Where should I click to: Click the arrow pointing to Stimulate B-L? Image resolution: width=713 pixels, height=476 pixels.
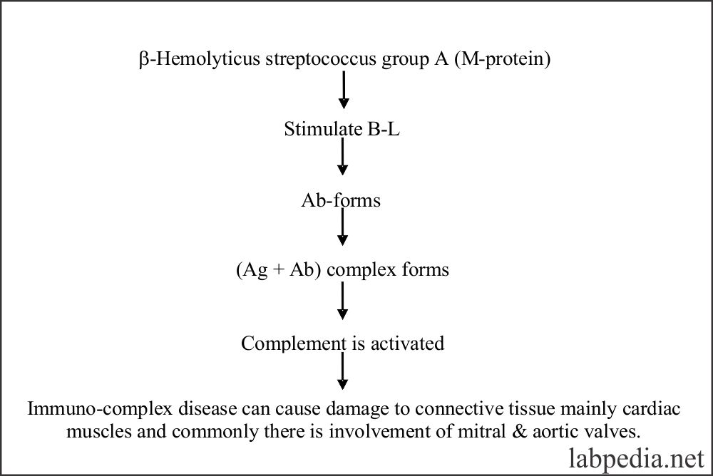click(x=344, y=90)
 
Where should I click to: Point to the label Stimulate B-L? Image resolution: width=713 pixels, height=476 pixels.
click(x=342, y=129)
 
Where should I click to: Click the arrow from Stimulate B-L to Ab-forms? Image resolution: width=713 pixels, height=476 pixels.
click(x=342, y=157)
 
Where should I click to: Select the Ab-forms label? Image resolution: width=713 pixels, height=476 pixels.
click(x=341, y=200)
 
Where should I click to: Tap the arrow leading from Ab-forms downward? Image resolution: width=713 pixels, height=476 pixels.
click(x=342, y=227)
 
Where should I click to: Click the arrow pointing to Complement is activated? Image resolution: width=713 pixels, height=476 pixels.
click(x=342, y=301)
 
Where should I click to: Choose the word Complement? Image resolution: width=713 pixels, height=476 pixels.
click(x=293, y=343)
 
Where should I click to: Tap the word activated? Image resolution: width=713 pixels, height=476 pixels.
click(x=407, y=343)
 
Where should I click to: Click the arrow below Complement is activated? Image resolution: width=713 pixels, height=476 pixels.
click(x=343, y=371)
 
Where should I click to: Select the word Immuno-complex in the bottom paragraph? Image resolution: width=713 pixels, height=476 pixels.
click(x=100, y=409)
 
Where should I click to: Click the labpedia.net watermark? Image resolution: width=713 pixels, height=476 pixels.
click(x=637, y=458)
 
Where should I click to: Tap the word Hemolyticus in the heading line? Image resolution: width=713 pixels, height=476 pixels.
click(x=207, y=59)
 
